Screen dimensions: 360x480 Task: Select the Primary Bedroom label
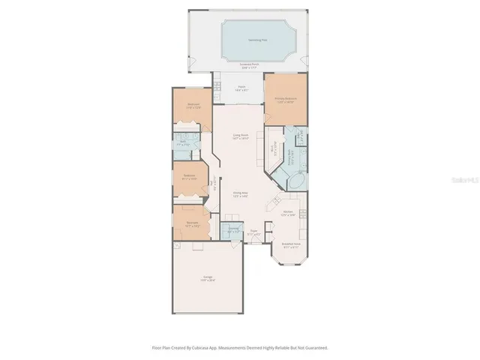(286, 100)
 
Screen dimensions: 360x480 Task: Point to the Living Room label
(240, 139)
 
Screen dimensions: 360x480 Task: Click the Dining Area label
(240, 194)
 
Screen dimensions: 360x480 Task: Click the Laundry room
(233, 229)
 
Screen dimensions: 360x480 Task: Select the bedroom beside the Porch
(193, 106)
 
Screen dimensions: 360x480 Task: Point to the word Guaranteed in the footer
(316, 348)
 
